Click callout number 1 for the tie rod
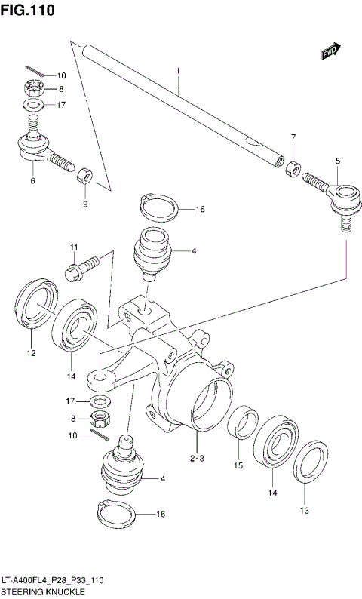coord(178,72)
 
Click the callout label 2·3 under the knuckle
coord(197,458)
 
